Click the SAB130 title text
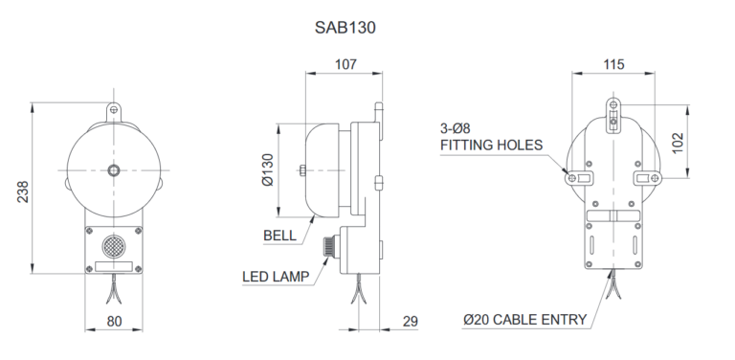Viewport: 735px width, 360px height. (345, 27)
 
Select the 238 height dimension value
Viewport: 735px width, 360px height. (22, 191)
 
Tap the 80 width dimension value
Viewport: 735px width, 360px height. (114, 322)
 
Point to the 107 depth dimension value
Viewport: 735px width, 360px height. (345, 64)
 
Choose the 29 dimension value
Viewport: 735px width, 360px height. (410, 322)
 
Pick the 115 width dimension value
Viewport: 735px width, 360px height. (613, 64)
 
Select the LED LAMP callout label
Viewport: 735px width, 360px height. (275, 278)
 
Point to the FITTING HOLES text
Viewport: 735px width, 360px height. (491, 146)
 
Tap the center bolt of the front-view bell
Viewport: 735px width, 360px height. (114, 170)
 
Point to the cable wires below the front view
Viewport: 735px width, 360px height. (115, 288)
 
